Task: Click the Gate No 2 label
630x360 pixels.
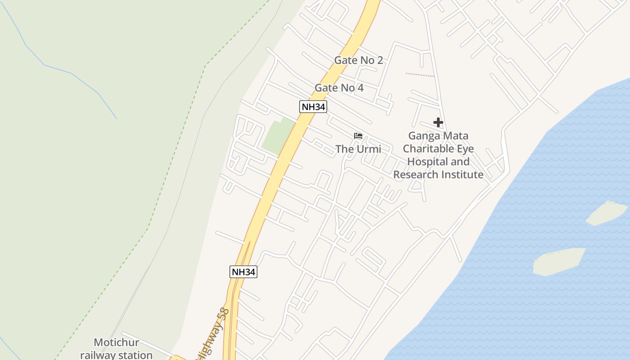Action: point(358,60)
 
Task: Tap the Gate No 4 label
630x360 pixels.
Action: point(339,88)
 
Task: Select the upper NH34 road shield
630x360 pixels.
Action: point(313,107)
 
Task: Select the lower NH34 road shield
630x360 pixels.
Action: point(243,272)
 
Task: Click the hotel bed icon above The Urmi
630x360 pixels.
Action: point(358,135)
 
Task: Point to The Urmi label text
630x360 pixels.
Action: point(358,149)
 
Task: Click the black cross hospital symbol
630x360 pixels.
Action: point(438,122)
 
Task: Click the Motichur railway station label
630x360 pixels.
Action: point(117,349)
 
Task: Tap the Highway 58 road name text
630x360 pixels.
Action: point(213,333)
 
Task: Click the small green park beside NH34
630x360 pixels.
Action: point(278,135)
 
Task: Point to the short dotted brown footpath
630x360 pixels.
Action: point(420,75)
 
